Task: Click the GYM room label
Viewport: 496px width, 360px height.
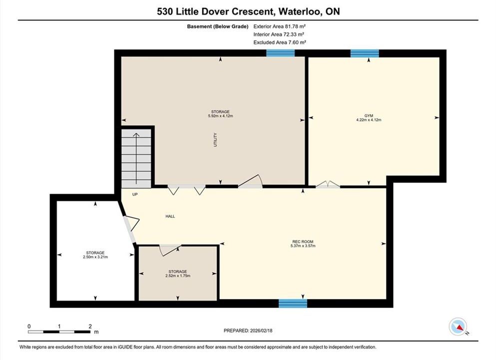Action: point(369,115)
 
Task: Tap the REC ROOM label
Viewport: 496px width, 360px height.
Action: point(303,241)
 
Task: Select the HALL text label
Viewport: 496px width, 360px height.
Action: point(170,216)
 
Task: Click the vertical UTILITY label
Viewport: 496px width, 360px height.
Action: point(215,139)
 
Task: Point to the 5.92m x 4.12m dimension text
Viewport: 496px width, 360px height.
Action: point(220,116)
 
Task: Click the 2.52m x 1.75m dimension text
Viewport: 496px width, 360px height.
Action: point(177,276)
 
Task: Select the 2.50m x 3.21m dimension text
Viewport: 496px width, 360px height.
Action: point(95,257)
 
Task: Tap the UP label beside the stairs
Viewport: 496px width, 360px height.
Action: point(135,194)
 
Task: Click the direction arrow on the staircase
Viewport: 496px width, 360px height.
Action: point(136,158)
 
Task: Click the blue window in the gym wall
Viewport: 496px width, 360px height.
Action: point(365,53)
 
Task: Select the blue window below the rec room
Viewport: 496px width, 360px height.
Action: point(293,303)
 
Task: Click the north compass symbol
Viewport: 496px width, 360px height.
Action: point(458,326)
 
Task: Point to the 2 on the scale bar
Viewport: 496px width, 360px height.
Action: point(90,326)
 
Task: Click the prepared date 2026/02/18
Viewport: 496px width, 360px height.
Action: point(261,330)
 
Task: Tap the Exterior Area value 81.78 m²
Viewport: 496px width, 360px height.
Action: point(293,26)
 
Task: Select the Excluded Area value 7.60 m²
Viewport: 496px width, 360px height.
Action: point(295,42)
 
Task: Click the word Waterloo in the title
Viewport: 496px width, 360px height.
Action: point(300,11)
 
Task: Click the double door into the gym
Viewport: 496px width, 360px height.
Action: point(328,184)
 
